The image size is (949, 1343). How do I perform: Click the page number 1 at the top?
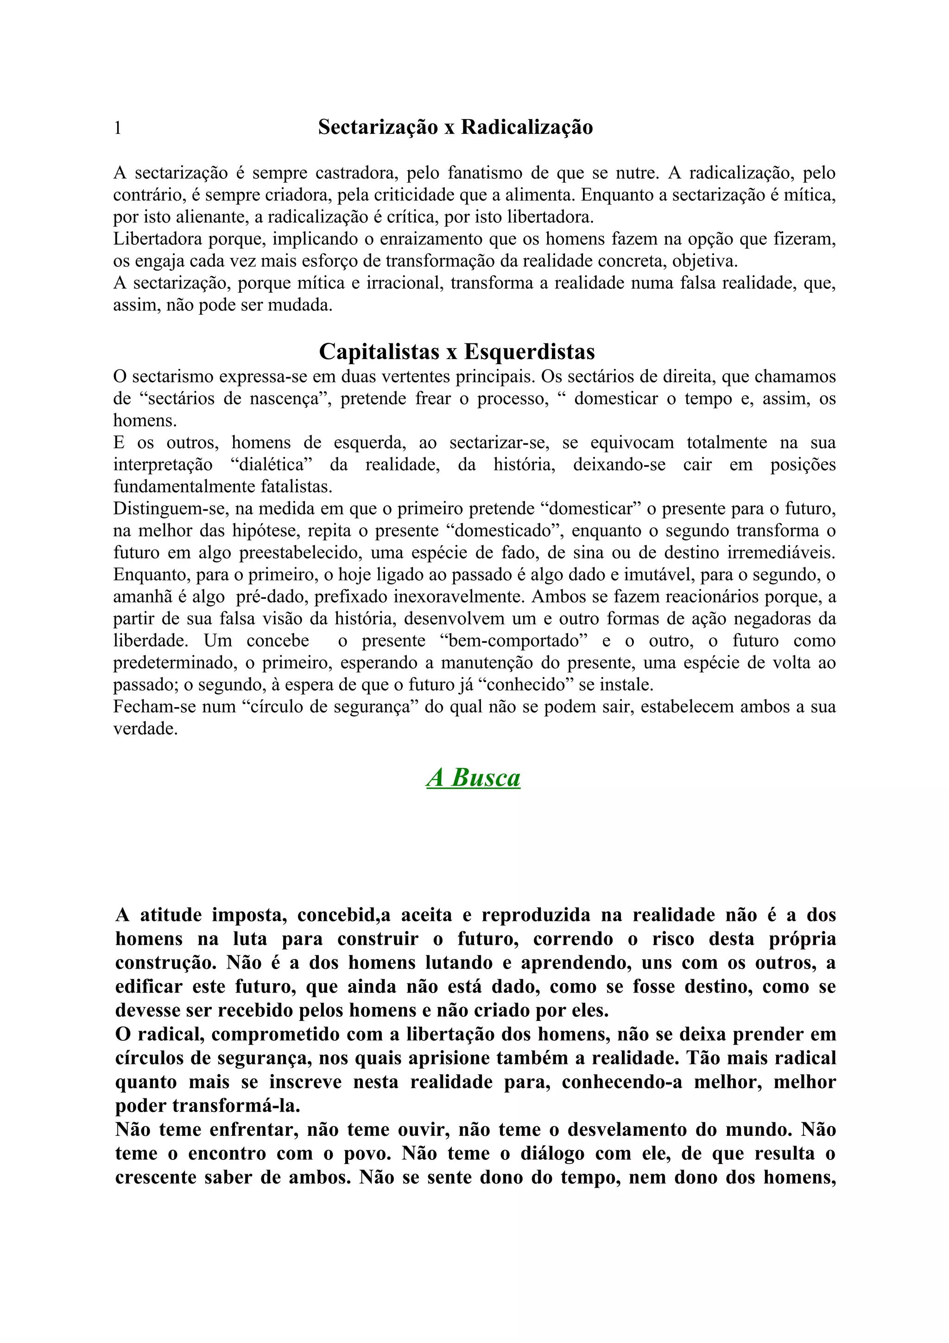point(118,127)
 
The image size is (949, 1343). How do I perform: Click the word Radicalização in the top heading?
point(527,127)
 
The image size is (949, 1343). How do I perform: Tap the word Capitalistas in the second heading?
point(379,352)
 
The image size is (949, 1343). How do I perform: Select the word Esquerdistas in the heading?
point(529,352)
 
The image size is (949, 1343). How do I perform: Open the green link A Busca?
point(473,777)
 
